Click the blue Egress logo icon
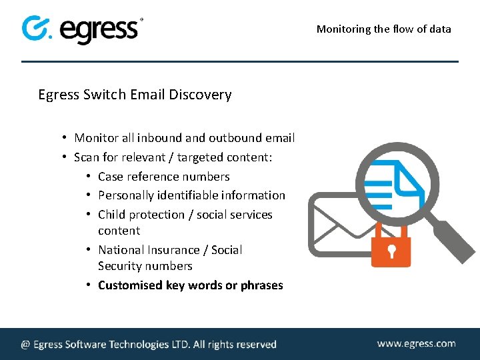(37, 28)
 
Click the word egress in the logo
(100, 30)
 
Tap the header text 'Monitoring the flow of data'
(383, 29)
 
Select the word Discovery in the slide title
(200, 95)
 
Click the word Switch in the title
(104, 95)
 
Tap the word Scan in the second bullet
(86, 157)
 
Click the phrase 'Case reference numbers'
(163, 177)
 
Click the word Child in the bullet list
(111, 215)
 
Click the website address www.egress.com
(416, 344)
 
